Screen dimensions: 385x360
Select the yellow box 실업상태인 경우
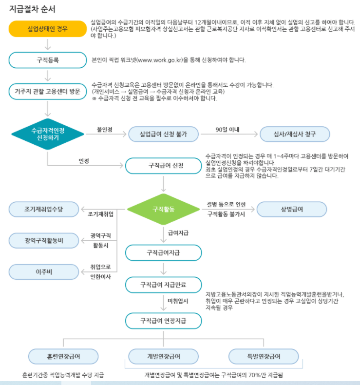[x=48, y=29]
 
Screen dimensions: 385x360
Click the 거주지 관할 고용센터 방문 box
[x=48, y=91]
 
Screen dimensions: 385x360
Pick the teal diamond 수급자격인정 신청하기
[x=48, y=134]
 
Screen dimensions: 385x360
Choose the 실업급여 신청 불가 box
[x=163, y=134]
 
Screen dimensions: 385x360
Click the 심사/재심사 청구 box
[x=295, y=134]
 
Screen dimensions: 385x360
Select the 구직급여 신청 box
[x=163, y=166]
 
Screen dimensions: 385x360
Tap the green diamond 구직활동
[x=164, y=209]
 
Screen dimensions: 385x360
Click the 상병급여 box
[x=292, y=209]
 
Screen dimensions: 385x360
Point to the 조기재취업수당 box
[x=44, y=209]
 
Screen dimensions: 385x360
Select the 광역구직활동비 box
[x=44, y=240]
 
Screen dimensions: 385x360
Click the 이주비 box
[x=44, y=271]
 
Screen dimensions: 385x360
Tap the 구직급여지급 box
[x=163, y=253]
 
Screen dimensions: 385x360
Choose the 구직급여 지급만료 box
[x=163, y=284]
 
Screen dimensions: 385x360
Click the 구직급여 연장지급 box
[x=163, y=321]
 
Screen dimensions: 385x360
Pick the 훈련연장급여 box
[x=63, y=356]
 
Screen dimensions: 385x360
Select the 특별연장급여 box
[x=264, y=356]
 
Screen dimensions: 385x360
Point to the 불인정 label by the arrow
[x=105, y=130]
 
